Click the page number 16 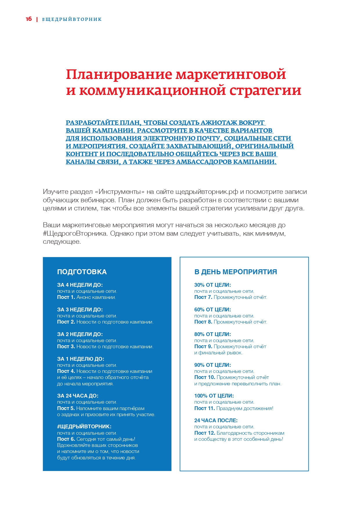coord(29,19)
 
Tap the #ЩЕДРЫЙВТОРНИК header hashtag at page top coord(72,19)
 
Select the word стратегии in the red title coord(265,91)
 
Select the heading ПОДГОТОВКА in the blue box coord(82,272)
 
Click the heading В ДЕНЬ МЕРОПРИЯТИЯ coord(236,272)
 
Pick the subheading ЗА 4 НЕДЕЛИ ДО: coord(80,285)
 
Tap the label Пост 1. coord(66,297)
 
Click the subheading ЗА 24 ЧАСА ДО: coord(77,396)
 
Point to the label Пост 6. coord(66,439)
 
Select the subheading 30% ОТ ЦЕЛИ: coord(212,285)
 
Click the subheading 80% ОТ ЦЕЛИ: coord(212,334)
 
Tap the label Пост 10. coord(205,377)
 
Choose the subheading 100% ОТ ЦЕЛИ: coord(214,396)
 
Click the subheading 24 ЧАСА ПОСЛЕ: coord(216,420)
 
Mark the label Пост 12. coord(205,433)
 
